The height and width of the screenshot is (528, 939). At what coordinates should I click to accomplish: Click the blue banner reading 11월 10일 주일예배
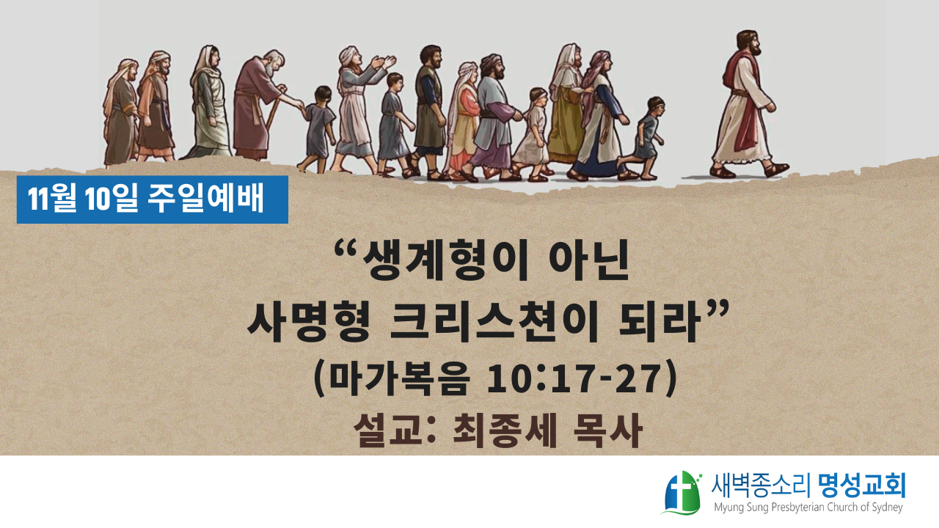pos(152,199)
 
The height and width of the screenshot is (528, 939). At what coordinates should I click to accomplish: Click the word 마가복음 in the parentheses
pos(398,378)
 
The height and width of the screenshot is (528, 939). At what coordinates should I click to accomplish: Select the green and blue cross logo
pos(682,493)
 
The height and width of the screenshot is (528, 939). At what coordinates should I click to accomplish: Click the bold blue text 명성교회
pos(861,485)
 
